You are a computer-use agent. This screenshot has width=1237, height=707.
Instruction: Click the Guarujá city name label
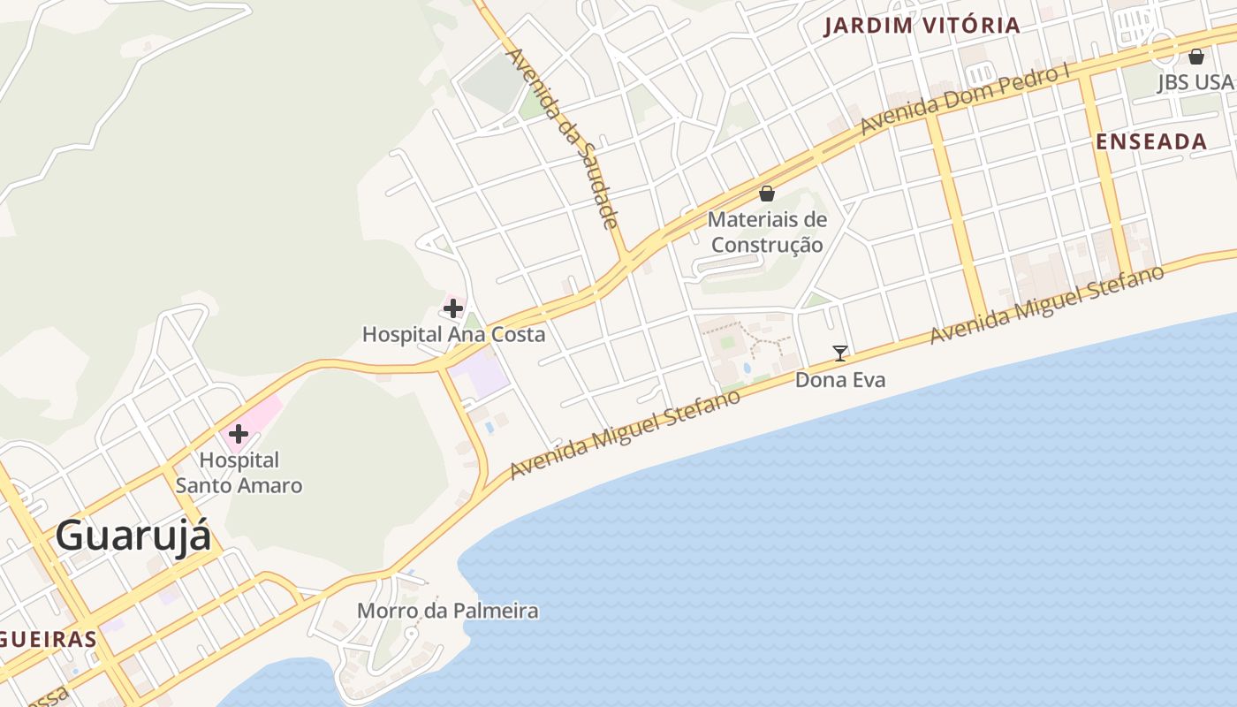(x=133, y=536)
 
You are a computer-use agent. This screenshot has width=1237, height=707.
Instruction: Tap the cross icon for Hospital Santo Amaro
(x=238, y=434)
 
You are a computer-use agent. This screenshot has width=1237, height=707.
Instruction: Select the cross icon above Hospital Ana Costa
(x=453, y=308)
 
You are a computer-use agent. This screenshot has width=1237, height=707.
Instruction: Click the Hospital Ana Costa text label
(x=453, y=335)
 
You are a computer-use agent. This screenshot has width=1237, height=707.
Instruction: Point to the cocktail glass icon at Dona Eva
(x=840, y=353)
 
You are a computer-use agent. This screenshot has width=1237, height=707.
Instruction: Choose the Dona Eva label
(x=840, y=380)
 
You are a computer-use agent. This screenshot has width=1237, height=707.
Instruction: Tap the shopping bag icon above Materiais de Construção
(x=767, y=194)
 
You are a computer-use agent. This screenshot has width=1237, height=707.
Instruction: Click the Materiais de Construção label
(x=767, y=232)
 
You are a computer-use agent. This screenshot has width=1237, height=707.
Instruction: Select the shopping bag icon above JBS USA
(x=1196, y=57)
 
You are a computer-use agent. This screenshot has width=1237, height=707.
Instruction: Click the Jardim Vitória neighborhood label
(x=922, y=26)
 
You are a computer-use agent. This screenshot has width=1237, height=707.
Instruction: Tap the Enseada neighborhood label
(x=1151, y=141)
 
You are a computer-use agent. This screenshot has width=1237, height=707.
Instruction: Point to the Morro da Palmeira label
(x=447, y=611)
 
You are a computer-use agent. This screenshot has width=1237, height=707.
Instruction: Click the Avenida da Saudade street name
(x=561, y=137)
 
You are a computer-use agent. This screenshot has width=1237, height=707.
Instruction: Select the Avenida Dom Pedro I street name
(x=966, y=99)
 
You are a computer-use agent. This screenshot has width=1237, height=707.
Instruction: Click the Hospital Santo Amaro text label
(x=239, y=473)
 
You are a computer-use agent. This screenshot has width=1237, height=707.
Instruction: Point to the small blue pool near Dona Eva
(x=748, y=368)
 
